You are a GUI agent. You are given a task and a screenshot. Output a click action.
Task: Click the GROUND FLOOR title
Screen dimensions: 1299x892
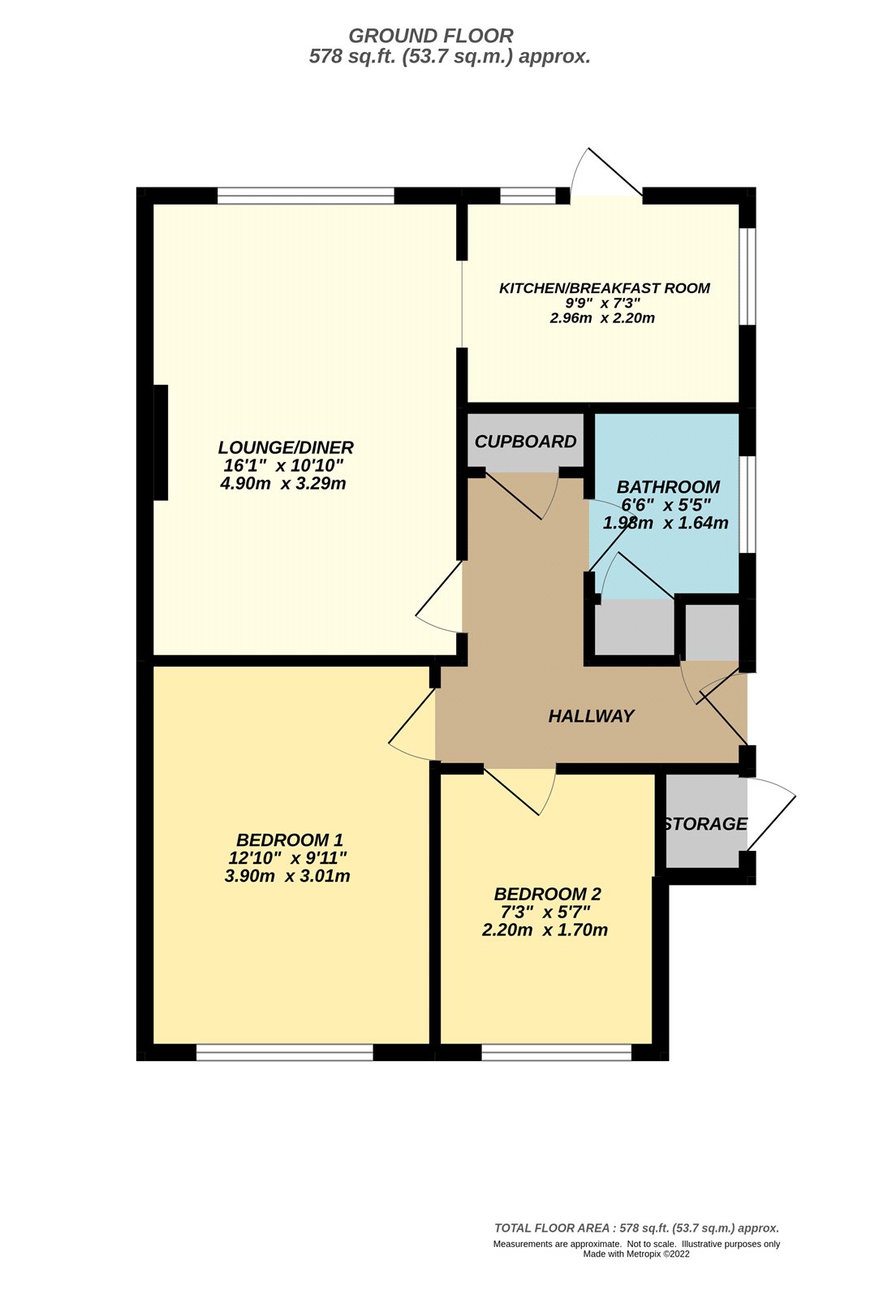430,36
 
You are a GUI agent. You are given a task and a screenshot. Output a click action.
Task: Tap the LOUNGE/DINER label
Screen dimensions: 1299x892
286,447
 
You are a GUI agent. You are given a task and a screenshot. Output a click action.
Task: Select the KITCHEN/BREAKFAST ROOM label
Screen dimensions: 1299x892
604,288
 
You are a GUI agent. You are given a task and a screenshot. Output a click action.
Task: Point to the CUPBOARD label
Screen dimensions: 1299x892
525,442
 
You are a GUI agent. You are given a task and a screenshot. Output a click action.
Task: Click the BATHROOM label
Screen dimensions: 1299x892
668,487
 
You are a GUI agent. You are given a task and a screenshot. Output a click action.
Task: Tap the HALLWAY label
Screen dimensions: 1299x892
591,716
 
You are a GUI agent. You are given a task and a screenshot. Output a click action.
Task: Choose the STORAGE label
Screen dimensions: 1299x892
705,824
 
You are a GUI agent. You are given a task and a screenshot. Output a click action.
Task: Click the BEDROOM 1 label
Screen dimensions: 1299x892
290,840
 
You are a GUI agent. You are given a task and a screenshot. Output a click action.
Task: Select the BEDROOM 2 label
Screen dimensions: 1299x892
547,895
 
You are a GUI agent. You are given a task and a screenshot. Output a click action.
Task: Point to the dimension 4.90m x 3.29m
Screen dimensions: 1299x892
283,484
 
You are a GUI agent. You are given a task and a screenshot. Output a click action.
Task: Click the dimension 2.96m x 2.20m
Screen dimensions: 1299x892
602,318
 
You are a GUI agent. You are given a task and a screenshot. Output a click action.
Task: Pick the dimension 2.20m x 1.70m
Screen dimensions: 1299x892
545,930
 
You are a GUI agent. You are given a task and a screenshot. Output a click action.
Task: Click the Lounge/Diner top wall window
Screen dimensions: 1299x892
305,196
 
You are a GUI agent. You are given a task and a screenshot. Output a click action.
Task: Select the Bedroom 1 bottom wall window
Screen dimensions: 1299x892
284,1053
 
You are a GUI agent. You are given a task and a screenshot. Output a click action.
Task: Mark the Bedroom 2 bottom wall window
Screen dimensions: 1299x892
556,1053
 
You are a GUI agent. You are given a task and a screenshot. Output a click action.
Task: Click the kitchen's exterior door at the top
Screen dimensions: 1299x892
607,175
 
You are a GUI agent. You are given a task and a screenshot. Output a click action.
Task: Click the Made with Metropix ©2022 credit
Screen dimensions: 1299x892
636,1254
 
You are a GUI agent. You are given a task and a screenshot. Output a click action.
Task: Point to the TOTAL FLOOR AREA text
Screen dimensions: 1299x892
636,1228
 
